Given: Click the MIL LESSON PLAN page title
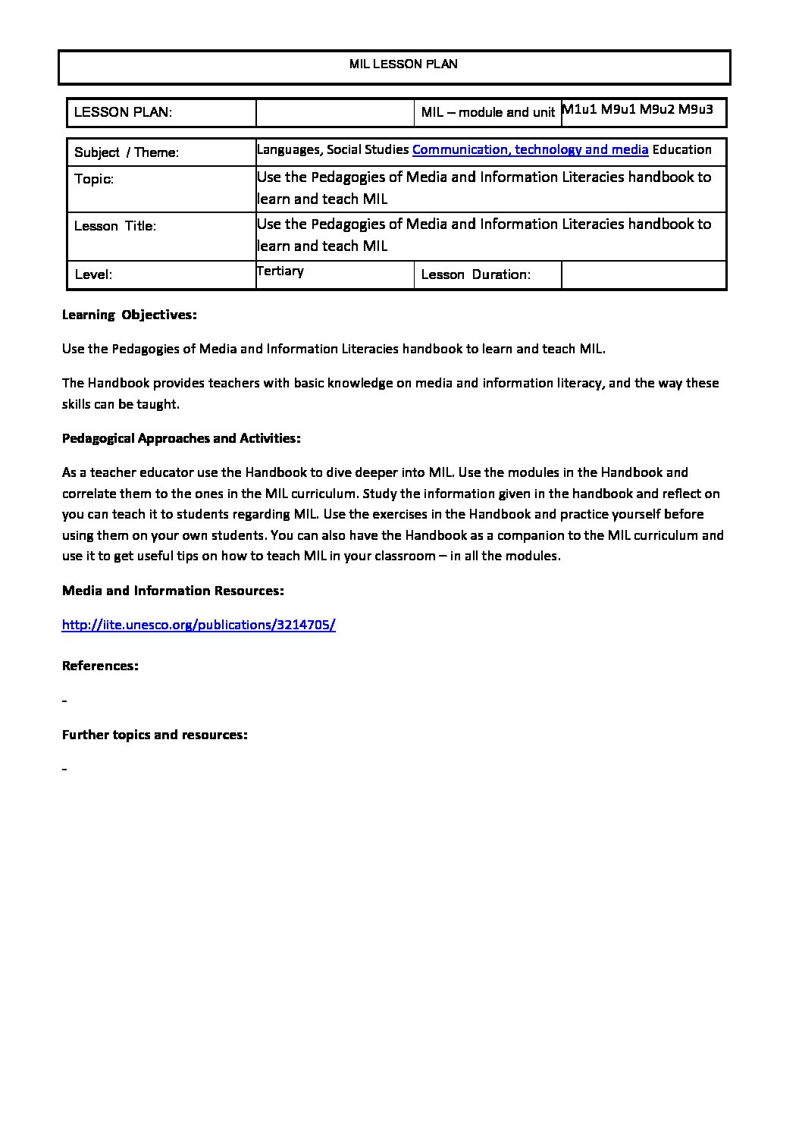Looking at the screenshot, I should [x=403, y=64].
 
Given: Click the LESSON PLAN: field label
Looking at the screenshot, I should [x=123, y=112].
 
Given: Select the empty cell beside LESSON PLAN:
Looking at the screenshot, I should [x=336, y=112].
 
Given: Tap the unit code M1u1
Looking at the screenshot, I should [x=579, y=109].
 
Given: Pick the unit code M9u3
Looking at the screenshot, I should [x=695, y=109].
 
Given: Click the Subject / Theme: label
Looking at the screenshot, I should [x=127, y=152].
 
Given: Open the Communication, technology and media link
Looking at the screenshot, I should [x=530, y=149].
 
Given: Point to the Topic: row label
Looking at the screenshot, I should [x=94, y=179].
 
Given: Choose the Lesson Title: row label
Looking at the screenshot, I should [x=115, y=226].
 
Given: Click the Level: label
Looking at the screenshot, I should [x=93, y=274].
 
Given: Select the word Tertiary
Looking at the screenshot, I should [x=280, y=271].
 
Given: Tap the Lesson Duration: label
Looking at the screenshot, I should [x=475, y=274].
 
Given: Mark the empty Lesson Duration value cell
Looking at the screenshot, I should [x=644, y=274].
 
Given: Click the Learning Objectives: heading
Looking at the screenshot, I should [x=129, y=315].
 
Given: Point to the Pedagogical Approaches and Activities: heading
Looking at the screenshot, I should [x=181, y=438].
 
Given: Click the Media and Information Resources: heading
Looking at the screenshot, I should [x=173, y=591].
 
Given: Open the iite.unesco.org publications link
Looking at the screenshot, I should [x=199, y=625].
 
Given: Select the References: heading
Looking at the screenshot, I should [x=100, y=666].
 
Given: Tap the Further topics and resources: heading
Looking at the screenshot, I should [x=155, y=735].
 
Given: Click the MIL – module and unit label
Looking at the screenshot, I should [x=488, y=112].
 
